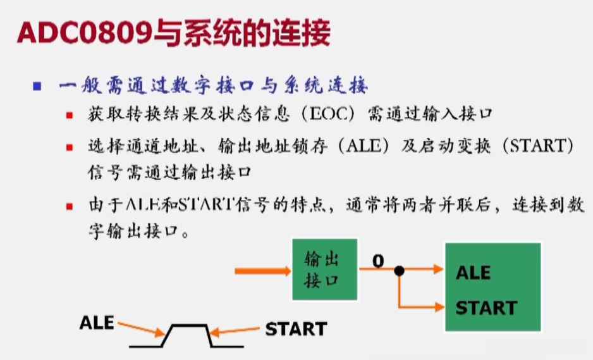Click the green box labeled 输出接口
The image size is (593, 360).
pyautogui.click(x=324, y=269)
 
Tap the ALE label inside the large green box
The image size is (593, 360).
pyautogui.click(x=473, y=273)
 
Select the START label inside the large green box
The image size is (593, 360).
pyautogui.click(x=486, y=308)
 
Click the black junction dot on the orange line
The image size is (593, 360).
pyautogui.click(x=399, y=270)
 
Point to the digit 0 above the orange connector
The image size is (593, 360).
pyautogui.click(x=377, y=259)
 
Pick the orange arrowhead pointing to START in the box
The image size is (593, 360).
pyautogui.click(x=439, y=307)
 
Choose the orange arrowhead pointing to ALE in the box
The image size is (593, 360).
pyautogui.click(x=439, y=270)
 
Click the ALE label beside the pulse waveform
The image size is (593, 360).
pyautogui.click(x=97, y=323)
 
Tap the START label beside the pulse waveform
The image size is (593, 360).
pyautogui.click(x=296, y=329)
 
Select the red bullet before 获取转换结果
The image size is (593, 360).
pyautogui.click(x=69, y=116)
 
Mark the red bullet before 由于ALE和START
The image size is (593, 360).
pyautogui.click(x=69, y=207)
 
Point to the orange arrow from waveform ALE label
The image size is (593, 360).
pyautogui.click(x=140, y=328)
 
